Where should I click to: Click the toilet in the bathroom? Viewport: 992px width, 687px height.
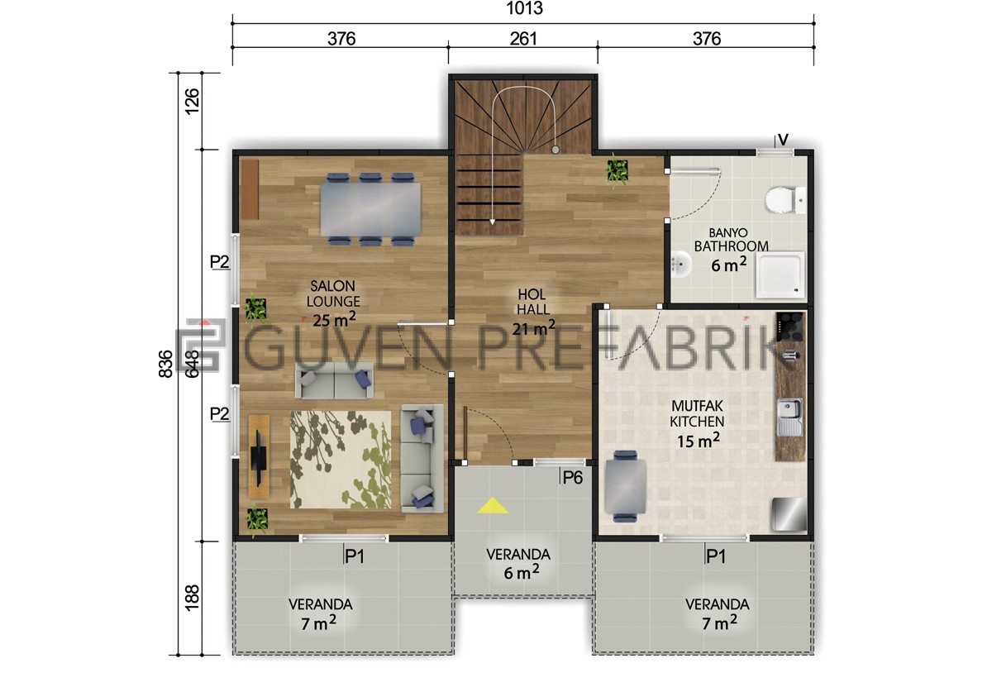click(785, 200)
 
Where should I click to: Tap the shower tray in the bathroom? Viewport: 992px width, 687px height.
click(780, 275)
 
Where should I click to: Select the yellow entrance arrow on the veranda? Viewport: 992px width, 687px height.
click(492, 505)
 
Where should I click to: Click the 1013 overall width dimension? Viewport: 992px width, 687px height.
click(524, 8)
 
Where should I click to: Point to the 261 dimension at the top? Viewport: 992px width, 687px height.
click(523, 39)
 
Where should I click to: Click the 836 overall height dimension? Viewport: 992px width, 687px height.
click(165, 364)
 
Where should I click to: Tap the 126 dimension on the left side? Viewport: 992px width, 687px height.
click(192, 102)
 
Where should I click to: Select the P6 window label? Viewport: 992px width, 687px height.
click(573, 478)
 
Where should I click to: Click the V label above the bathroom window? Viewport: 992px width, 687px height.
click(783, 140)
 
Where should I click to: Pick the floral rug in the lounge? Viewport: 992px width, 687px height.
click(341, 460)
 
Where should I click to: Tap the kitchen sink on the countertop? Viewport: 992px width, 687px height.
click(789, 417)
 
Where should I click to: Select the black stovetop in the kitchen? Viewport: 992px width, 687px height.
click(789, 327)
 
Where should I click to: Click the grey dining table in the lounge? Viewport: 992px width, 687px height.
click(370, 209)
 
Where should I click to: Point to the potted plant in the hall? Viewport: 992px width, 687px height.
click(617, 170)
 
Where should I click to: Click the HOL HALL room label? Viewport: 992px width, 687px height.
click(532, 302)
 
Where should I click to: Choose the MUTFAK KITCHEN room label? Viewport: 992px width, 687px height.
click(697, 413)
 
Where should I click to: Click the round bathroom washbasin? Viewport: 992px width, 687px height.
click(680, 265)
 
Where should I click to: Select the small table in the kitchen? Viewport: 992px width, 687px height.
click(625, 486)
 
